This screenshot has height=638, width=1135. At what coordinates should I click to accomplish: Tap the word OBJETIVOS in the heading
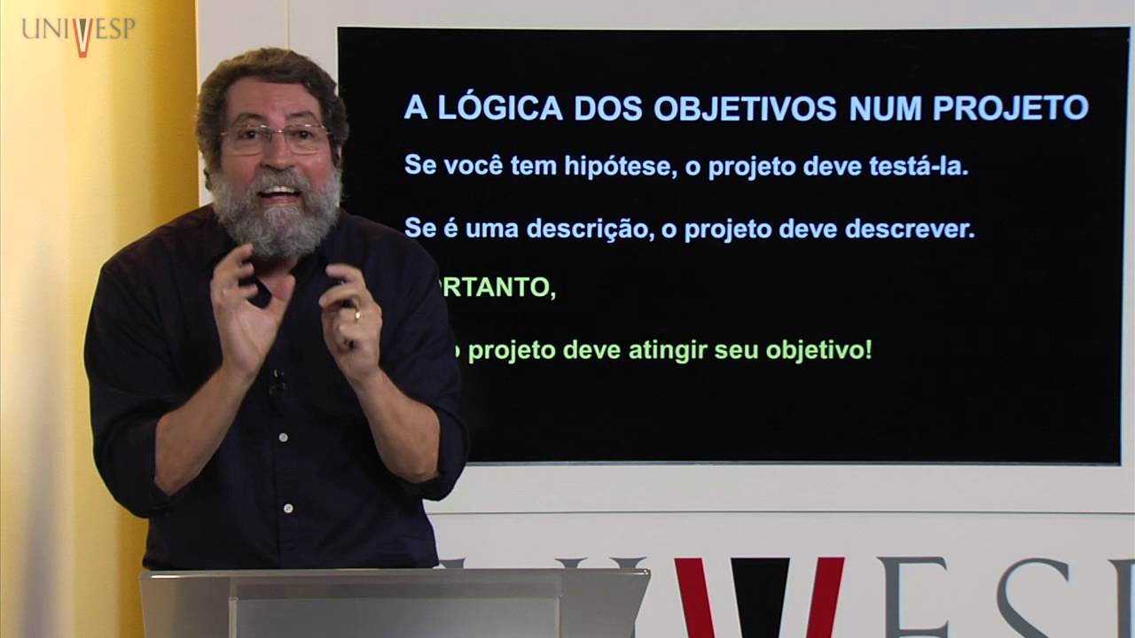[x=746, y=107]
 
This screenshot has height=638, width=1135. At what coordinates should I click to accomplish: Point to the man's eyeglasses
[x=274, y=136]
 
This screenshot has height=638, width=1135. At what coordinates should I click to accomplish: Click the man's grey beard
[x=276, y=217]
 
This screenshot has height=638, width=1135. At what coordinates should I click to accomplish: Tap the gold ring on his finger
[x=357, y=313]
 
